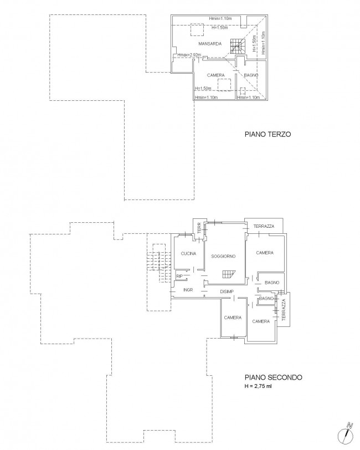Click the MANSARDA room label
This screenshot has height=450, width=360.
pos(210,44)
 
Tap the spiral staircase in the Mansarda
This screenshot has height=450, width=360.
pos(238,47)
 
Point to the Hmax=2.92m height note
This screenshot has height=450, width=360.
pos(189,54)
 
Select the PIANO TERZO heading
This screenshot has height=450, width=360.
pos(268,134)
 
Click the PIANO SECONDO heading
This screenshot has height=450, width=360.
pos(273,377)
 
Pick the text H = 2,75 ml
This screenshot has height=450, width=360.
pos(258,386)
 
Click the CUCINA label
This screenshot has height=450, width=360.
pos(188,253)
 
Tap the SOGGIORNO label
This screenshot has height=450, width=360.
pos(223,256)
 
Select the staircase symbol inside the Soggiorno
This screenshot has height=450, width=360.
pos(228,274)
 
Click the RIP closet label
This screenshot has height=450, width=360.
pos(179,276)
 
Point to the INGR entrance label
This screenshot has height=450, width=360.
pos(188,290)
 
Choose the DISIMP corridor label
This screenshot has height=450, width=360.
pos(227,292)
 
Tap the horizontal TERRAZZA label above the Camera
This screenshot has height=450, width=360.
pos(264,226)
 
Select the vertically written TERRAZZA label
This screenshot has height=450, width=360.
pos(284,310)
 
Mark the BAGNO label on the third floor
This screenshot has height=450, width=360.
pos(251,75)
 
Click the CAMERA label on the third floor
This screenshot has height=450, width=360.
pos(215,75)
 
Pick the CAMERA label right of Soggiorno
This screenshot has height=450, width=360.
pos(265,253)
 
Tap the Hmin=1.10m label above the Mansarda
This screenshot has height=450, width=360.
pos(220,19)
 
